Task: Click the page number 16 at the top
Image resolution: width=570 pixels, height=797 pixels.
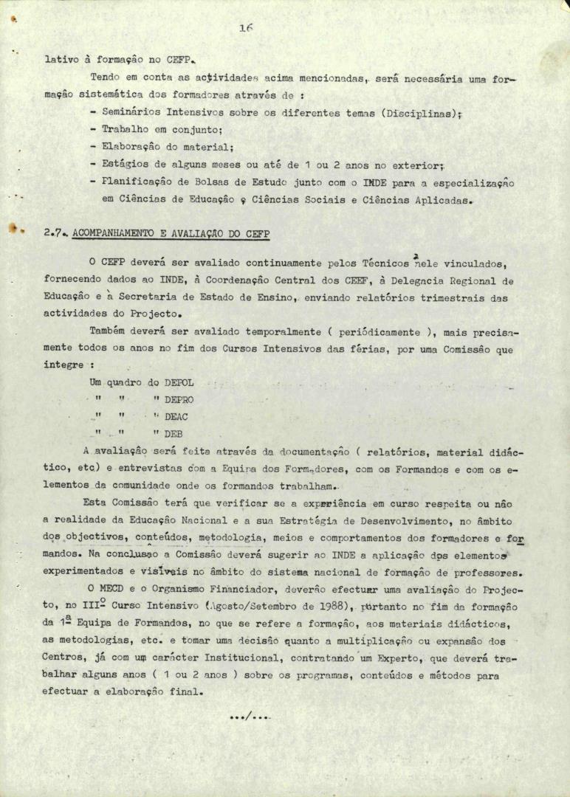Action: click(247, 29)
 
